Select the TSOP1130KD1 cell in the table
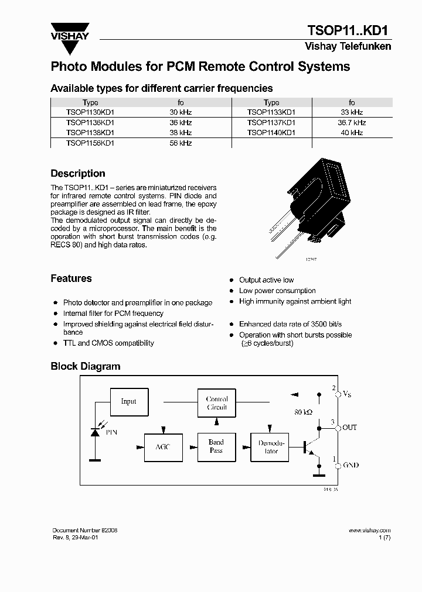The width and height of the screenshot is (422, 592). pos(90,112)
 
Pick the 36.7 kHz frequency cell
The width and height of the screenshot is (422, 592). pos(352,122)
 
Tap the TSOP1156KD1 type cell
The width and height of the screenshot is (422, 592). pos(90,143)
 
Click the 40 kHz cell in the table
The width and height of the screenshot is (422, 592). pos(352,133)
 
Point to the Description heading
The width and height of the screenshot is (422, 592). pos(78,174)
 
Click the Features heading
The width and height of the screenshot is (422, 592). pos(71,278)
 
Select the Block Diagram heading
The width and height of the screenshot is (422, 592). pos(85,366)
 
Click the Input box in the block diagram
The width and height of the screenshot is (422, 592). pos(128,401)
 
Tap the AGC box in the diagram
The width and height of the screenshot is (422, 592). pos(162,447)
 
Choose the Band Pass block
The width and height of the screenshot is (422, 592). pos(216,446)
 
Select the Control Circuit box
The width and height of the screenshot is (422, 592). pos(216,403)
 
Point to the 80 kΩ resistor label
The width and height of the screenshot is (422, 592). pos(304,412)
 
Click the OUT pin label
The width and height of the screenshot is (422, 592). pos(349,428)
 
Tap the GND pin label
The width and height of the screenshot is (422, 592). pos(350,466)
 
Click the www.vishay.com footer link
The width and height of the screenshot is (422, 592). pos(369,530)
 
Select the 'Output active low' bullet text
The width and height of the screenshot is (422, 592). pos(266,280)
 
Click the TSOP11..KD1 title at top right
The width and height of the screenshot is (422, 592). pos(349,30)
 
